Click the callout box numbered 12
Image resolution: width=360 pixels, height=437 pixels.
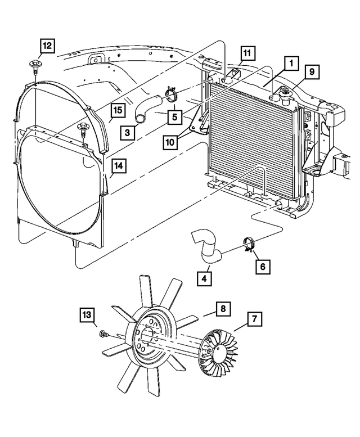[47, 46]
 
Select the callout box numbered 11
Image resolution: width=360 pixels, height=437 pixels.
[247, 53]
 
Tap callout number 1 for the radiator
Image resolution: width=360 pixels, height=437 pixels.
[291, 64]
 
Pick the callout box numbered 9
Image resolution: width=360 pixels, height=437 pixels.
[312, 72]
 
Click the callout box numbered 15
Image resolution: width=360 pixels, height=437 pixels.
[118, 110]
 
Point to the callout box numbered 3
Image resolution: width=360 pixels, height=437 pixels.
[128, 132]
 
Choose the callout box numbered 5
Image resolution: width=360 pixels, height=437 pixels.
[175, 117]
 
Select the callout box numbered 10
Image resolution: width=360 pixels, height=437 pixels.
[170, 142]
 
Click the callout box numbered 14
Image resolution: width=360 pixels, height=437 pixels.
[119, 166]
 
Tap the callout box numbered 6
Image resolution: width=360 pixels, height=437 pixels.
[263, 267]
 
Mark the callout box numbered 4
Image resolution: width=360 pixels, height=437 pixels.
[204, 278]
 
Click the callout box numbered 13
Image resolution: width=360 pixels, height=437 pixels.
[87, 315]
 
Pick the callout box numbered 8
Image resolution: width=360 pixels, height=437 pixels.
[223, 309]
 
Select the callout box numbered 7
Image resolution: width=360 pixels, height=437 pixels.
[254, 319]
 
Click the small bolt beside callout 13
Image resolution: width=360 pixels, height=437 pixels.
[103, 334]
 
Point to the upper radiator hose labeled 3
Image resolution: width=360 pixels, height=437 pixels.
[148, 108]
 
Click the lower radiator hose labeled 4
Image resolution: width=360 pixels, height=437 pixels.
[207, 247]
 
